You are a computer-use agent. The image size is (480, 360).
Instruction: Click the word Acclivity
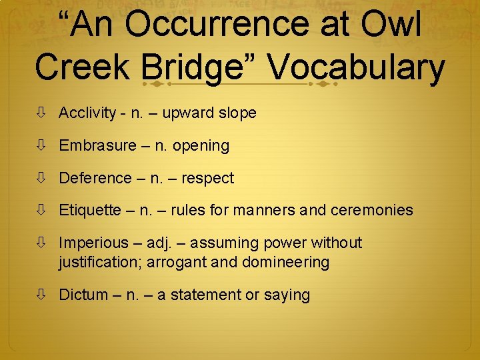tap(87, 113)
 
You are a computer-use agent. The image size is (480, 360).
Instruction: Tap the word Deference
tap(95, 178)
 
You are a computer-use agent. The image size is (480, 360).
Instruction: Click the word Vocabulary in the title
tap(357, 68)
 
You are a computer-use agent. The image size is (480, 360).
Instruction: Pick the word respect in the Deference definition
tap(207, 178)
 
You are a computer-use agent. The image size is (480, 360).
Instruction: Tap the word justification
tap(100, 262)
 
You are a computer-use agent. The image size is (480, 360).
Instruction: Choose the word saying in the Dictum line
tap(287, 295)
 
